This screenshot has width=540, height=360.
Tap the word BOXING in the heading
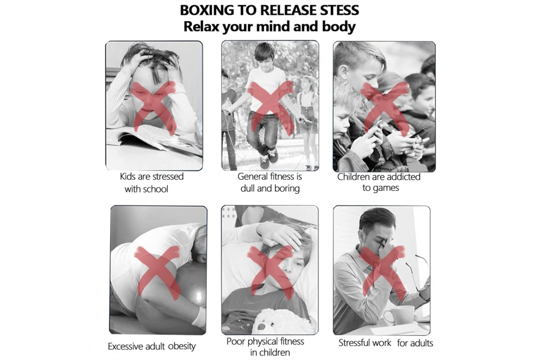(x=207, y=10)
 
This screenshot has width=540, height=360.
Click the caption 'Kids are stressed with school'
(x=152, y=183)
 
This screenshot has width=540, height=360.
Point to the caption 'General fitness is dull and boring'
(x=270, y=182)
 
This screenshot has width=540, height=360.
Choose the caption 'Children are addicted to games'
(x=379, y=182)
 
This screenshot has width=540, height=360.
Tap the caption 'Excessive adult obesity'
(x=152, y=346)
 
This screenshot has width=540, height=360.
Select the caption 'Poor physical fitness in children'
(x=265, y=347)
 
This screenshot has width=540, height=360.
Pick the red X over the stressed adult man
(x=383, y=274)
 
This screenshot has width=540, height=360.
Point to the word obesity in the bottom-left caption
(x=182, y=346)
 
